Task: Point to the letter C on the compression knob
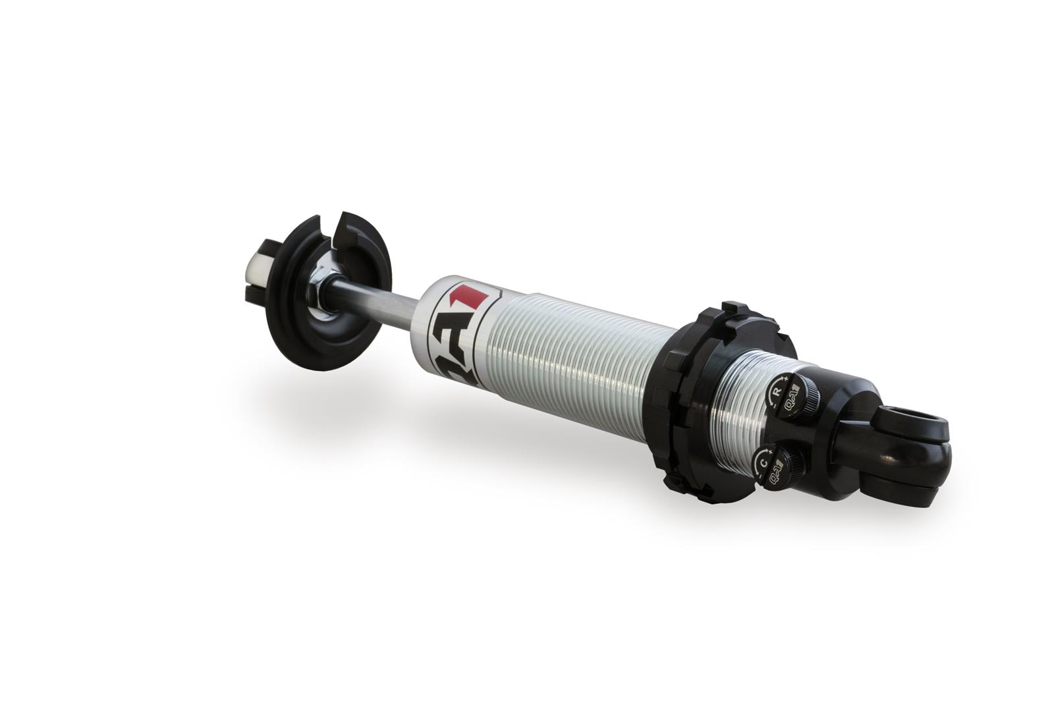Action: [x=763, y=463]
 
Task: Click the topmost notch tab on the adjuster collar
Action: [x=731, y=310]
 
